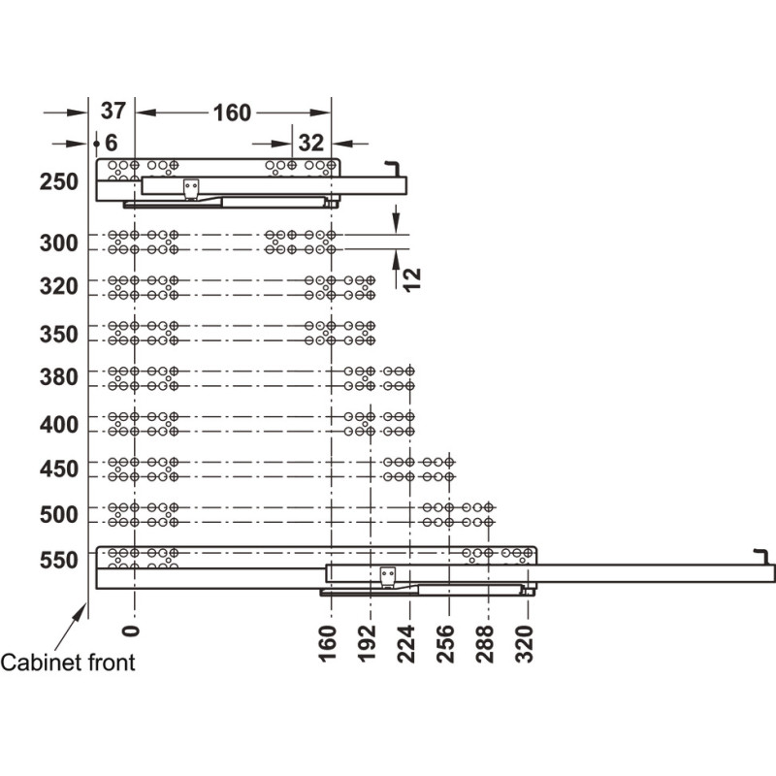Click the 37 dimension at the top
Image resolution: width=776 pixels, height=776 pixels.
point(113,111)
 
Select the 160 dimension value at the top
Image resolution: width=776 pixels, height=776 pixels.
point(232,113)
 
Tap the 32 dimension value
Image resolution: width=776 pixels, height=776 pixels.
point(310,143)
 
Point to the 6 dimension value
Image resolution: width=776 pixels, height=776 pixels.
point(112,143)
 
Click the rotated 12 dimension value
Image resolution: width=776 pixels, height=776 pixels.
point(411,279)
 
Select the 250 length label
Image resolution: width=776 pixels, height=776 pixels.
point(59,181)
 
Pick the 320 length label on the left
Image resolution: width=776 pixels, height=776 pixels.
point(59,286)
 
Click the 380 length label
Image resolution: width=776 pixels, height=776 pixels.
point(59,377)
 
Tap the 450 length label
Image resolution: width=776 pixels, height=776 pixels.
point(59,469)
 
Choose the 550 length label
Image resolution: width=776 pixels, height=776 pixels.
point(59,560)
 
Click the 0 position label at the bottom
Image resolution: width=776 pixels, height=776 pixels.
point(131,630)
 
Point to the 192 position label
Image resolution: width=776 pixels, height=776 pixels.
point(367,643)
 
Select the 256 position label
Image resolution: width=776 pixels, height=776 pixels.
point(445,643)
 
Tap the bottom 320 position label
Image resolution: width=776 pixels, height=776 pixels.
point(524,643)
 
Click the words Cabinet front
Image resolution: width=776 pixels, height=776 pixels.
point(68,663)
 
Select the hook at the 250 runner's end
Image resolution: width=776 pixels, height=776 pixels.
point(394,167)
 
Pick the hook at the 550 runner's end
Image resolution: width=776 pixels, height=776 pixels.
point(761,556)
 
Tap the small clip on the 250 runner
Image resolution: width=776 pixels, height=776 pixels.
point(191,189)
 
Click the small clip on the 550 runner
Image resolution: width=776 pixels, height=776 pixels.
point(388,577)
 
